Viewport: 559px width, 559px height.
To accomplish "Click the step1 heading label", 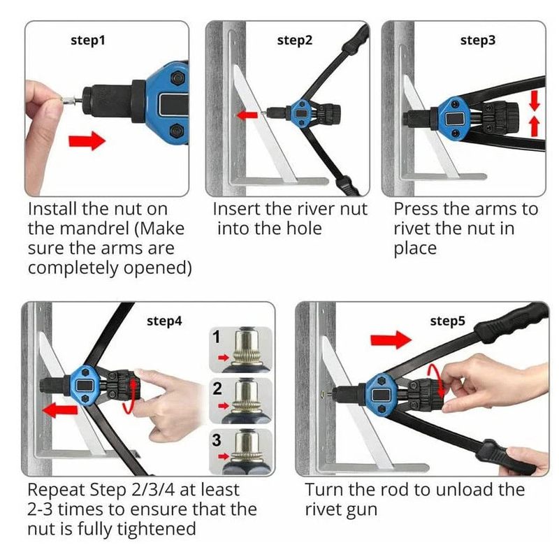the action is tap(88, 41).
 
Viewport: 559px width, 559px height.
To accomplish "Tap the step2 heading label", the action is tap(294, 41).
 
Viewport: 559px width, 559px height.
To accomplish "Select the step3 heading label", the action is tap(478, 41).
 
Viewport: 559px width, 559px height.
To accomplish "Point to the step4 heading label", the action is tap(164, 321).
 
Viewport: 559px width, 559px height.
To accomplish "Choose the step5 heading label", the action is tap(447, 321).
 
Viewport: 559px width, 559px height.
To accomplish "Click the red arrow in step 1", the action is tap(87, 141).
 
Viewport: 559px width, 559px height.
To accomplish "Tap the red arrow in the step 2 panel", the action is tap(247, 115).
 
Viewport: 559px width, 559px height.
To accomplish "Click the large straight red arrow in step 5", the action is tap(391, 340).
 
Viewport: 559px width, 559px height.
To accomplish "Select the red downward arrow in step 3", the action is tap(535, 101).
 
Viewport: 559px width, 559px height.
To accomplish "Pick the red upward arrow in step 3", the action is tap(535, 126).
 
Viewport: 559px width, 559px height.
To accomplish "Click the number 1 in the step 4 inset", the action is tap(217, 337).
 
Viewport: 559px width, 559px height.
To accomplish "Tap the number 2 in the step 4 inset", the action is tap(217, 389).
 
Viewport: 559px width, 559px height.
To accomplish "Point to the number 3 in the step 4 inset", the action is tap(217, 440).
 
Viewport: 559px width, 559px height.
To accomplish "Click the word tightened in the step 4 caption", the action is tap(157, 529).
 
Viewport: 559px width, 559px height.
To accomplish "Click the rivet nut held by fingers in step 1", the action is tap(69, 101).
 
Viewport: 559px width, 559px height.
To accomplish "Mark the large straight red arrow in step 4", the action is tap(60, 410).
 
